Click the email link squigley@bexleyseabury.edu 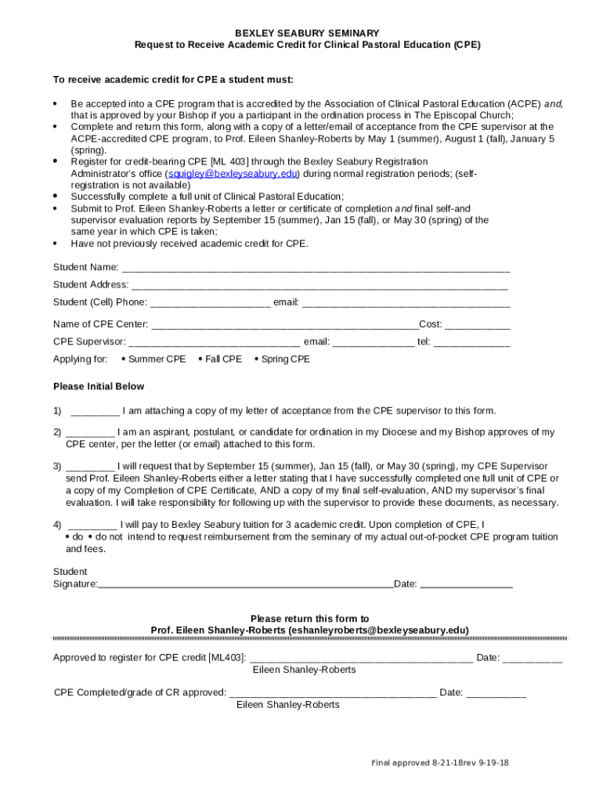click(233, 174)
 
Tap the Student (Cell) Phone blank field click(210, 303)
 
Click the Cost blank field click(478, 324)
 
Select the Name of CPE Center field click(284, 324)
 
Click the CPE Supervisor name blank click(214, 342)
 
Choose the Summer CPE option click(153, 359)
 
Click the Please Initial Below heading click(99, 387)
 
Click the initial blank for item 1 click(95, 411)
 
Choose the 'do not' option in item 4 click(105, 537)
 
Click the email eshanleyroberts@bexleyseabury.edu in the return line click(378, 630)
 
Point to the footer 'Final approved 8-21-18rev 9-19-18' click(439, 763)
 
